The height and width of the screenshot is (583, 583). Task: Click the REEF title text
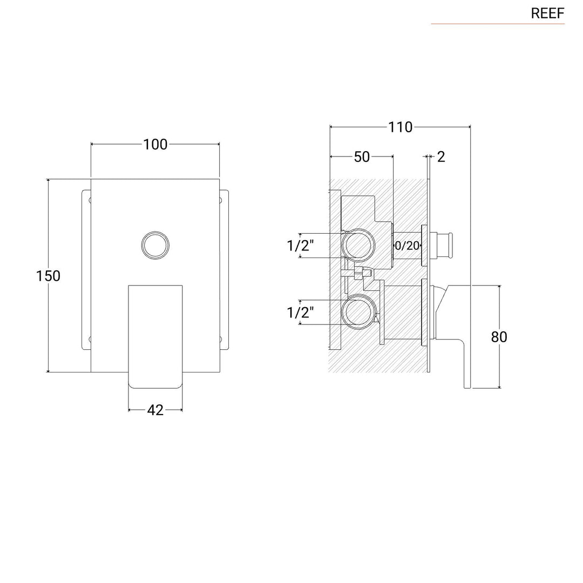click(x=547, y=13)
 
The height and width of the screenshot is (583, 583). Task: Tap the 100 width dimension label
click(x=155, y=144)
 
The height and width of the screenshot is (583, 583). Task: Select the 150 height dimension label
click(x=48, y=275)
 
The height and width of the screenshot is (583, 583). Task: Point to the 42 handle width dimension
click(x=155, y=410)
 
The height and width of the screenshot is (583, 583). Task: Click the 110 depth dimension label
click(x=400, y=127)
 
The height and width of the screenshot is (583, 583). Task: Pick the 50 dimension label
click(x=362, y=157)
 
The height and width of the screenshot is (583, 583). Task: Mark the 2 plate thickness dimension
click(x=441, y=157)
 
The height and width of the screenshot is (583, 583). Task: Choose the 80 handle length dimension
click(x=499, y=336)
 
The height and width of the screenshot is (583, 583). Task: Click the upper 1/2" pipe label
click(x=300, y=246)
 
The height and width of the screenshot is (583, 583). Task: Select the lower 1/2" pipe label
click(x=300, y=313)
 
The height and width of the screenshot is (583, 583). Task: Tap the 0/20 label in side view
click(x=408, y=246)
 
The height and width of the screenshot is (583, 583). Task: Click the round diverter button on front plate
click(x=155, y=245)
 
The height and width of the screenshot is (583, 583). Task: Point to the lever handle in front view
click(x=155, y=335)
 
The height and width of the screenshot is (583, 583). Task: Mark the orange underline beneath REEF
click(x=497, y=24)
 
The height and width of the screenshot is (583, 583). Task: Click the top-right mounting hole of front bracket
click(x=220, y=200)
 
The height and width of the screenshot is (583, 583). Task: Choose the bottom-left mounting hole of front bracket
click(x=90, y=339)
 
